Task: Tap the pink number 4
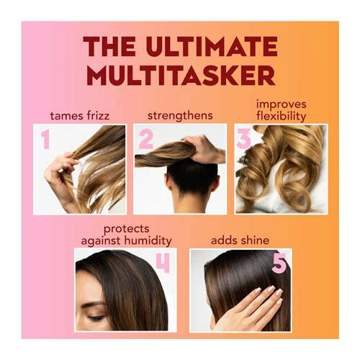163,264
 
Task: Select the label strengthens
180,115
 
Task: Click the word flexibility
281,117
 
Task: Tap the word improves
282,105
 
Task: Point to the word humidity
150,240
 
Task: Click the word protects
127,229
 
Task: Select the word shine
254,240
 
